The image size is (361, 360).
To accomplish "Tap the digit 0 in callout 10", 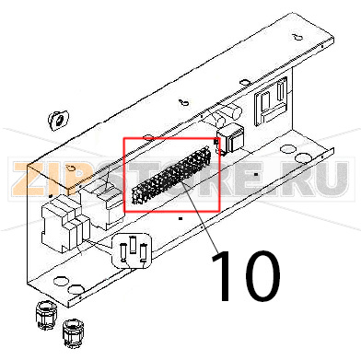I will (258, 275).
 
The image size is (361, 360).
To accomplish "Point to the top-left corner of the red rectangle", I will (123, 138).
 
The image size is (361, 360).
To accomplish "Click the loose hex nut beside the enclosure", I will (56, 120).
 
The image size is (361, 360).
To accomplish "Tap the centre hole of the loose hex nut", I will (55, 119).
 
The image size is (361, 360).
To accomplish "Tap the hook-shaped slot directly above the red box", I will (185, 104).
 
